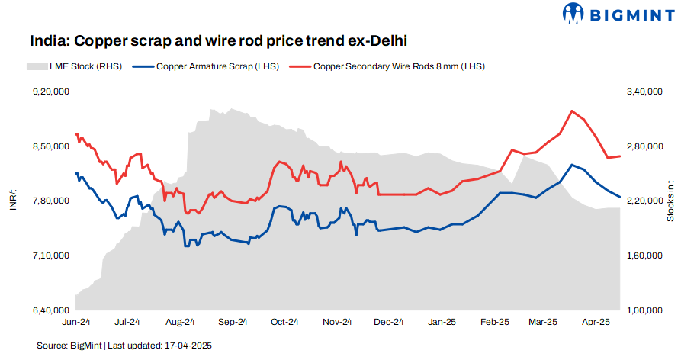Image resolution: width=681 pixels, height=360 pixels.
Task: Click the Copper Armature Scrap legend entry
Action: point(204,66)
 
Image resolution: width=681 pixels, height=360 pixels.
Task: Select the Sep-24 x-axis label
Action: point(233,323)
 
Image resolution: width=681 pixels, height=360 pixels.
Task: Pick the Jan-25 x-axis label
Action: point(442,323)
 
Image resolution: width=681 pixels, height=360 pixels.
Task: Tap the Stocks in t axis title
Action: point(670,201)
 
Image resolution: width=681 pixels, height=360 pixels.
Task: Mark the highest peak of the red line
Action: point(572,111)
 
